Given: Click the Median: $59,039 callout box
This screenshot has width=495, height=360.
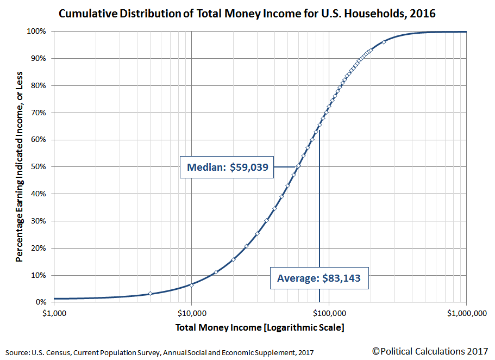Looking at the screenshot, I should pyautogui.click(x=227, y=167).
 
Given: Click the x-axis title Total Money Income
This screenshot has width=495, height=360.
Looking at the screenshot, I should pyautogui.click(x=260, y=328).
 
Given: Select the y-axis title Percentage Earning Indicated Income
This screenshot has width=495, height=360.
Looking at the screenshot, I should pyautogui.click(x=20, y=166).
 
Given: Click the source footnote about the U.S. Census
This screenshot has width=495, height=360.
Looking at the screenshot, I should pyautogui.click(x=160, y=352).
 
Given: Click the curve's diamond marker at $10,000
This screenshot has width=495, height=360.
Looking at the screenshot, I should pyautogui.click(x=192, y=284).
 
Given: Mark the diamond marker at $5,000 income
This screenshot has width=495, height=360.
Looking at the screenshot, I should pyautogui.click(x=150, y=294).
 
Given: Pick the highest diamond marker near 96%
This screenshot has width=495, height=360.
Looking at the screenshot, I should pyautogui.click(x=384, y=42).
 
